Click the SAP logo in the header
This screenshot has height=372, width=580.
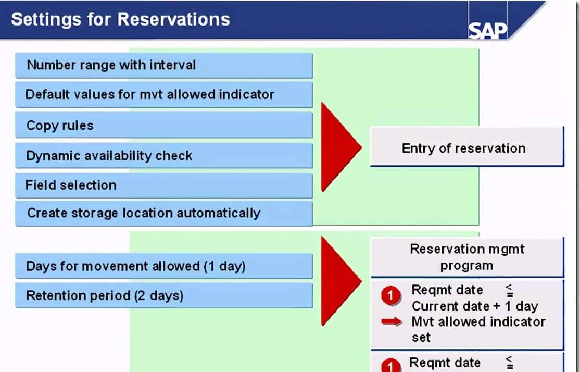pos(488,31)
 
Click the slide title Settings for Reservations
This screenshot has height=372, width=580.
pos(121,19)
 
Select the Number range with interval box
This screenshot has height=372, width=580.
pos(164,66)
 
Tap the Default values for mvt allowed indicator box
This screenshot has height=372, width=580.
pos(164,95)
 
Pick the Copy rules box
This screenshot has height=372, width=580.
pos(164,125)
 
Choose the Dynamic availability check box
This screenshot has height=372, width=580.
pos(164,155)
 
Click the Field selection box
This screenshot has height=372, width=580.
pos(164,185)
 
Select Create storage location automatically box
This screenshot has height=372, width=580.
pos(164,213)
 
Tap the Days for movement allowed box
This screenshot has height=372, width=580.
pos(164,266)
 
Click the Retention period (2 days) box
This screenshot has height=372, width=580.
pos(164,296)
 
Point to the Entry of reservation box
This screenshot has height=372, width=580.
pos(467,147)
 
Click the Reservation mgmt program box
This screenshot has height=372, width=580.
pos(467,257)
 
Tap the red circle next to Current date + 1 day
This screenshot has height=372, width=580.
pos(390,296)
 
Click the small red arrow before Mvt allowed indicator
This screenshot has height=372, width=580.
pos(392,321)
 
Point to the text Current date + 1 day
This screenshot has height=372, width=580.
pos(475,306)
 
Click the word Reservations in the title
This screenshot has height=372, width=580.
pos(174,19)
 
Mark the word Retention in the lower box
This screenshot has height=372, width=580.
pos(52,296)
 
